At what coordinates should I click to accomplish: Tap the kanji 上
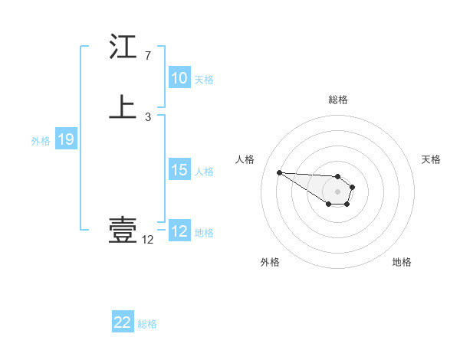click(123, 108)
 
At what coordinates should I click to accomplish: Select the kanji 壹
click(123, 230)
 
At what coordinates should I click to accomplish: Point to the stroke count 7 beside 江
click(147, 56)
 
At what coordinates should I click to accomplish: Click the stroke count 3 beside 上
click(147, 117)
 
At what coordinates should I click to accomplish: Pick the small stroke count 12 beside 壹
click(147, 240)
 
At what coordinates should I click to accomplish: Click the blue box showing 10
click(179, 78)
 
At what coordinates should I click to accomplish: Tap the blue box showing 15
click(179, 170)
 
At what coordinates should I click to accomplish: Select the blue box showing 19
click(65, 139)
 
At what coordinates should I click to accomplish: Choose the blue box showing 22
click(123, 323)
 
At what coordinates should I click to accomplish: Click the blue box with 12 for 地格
click(179, 231)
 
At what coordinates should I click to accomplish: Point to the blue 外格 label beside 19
click(40, 141)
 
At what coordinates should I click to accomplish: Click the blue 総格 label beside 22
click(147, 324)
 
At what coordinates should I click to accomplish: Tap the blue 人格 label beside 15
click(204, 172)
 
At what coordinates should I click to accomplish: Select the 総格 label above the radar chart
click(337, 100)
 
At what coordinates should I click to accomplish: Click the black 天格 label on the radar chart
click(431, 159)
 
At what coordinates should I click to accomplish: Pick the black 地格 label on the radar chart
click(402, 262)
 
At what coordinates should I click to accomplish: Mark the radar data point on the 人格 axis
click(279, 172)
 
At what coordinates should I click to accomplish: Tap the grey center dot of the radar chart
click(337, 191)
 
